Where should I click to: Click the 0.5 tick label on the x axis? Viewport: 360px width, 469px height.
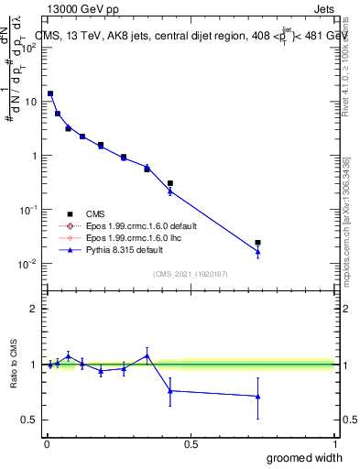point(191,444)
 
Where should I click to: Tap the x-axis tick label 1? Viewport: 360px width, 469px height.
point(334,444)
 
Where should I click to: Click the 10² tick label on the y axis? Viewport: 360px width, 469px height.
point(29,48)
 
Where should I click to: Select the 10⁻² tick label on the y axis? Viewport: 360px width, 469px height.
point(29,264)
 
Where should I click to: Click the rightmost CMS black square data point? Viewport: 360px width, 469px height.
point(258,243)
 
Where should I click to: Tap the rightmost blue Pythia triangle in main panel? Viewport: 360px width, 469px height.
point(258,252)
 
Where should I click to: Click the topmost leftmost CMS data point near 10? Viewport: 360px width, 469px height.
point(50,93)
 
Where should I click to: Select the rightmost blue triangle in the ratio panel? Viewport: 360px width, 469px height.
point(258,397)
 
